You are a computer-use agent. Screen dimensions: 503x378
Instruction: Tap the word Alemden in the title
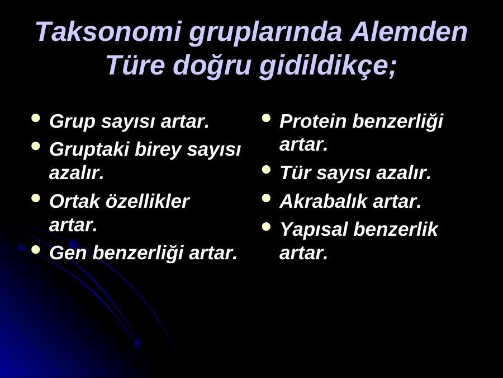(409, 31)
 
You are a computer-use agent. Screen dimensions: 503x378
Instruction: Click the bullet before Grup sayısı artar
(36, 118)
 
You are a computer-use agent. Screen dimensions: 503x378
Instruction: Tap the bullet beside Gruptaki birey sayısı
(36, 146)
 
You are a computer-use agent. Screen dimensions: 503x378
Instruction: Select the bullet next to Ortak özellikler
(36, 198)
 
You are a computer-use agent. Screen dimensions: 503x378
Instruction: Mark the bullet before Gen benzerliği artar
(36, 249)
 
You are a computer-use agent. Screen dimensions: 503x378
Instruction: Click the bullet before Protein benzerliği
(266, 118)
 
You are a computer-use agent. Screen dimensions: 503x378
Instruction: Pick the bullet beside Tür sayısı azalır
(266, 169)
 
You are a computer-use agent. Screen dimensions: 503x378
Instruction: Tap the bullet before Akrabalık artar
(266, 198)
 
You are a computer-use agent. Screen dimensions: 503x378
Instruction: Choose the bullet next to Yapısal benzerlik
(266, 226)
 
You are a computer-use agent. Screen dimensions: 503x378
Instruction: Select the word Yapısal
(314, 230)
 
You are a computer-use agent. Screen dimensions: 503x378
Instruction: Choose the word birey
(158, 150)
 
